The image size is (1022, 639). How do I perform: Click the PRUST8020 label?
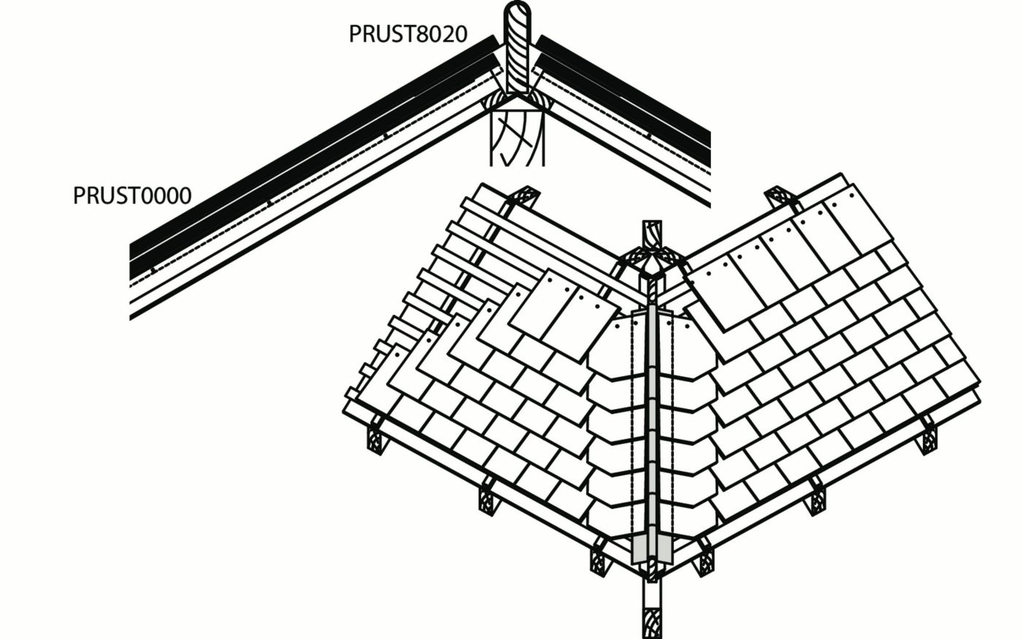tap(407, 34)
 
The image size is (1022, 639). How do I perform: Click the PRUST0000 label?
tap(132, 196)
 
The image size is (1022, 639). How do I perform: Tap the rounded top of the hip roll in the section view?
tap(518, 15)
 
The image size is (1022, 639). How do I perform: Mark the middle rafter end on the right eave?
tap(816, 501)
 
